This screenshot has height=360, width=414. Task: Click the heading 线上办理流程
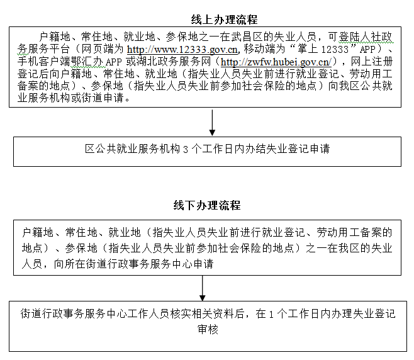(224, 20)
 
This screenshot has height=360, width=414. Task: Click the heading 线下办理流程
(207, 205)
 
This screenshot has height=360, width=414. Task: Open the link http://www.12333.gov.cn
(182, 49)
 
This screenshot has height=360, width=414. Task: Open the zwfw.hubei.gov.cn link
(276, 62)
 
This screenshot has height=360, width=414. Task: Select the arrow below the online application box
(212, 123)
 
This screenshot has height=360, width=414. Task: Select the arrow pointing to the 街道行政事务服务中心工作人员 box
(202, 288)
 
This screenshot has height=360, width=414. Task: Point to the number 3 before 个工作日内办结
(186, 150)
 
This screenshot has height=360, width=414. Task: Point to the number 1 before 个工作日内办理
(271, 314)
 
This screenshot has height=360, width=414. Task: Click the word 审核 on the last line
(208, 330)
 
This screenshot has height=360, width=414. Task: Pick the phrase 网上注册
(372, 62)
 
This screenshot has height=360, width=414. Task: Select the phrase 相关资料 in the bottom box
(213, 314)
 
